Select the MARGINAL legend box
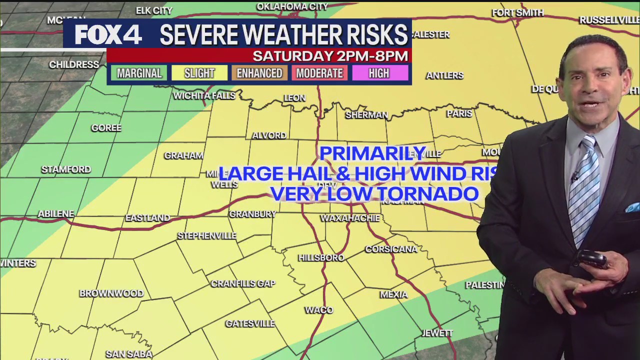click(139, 73)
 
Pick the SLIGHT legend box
click(199, 73)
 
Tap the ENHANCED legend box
click(259, 73)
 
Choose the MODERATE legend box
click(319, 73)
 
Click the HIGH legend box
click(379, 73)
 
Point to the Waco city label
click(319, 310)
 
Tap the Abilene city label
click(56, 213)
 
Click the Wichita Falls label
click(204, 95)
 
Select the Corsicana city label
click(391, 248)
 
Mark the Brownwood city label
click(111, 293)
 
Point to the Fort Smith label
click(517, 12)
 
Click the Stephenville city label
click(207, 235)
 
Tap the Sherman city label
click(366, 115)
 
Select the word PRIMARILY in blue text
click(373, 153)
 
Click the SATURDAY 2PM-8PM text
click(330, 56)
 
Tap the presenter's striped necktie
click(584, 190)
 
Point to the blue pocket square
click(632, 207)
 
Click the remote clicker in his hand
click(591, 259)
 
